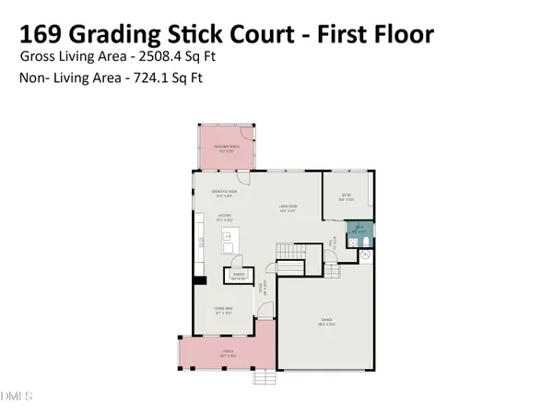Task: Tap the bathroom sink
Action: tap(352, 242)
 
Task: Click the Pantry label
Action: tap(237, 275)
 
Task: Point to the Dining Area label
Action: tap(221, 310)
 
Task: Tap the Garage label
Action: tap(326, 322)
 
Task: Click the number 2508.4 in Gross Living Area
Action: tap(169, 56)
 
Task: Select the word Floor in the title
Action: tap(395, 36)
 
